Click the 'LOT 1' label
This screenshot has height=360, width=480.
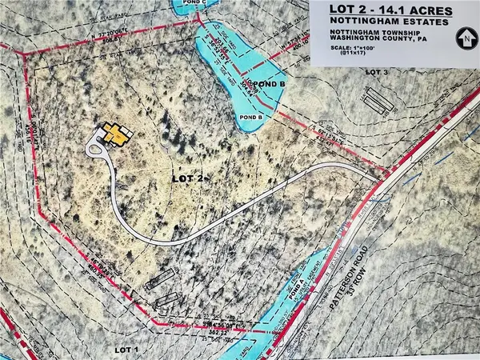point(125,350)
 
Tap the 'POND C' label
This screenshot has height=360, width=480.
point(195,3)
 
